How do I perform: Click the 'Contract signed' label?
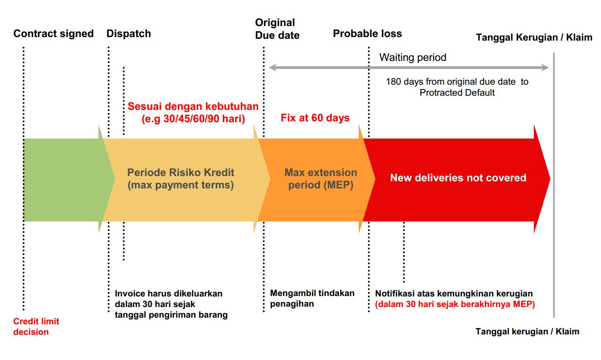pyautogui.click(x=53, y=34)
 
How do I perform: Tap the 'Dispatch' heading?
pyautogui.click(x=129, y=34)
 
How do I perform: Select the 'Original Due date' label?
pyautogui.click(x=277, y=29)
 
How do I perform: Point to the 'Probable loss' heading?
pyautogui.click(x=367, y=34)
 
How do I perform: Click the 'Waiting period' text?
pyautogui.click(x=413, y=57)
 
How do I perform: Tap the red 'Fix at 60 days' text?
pyautogui.click(x=315, y=118)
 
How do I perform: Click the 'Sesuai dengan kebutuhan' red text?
pyautogui.click(x=193, y=106)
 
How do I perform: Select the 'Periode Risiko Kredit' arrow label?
pyautogui.click(x=180, y=172)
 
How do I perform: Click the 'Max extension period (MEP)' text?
pyautogui.click(x=321, y=179)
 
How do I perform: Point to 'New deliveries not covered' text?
pyautogui.click(x=458, y=178)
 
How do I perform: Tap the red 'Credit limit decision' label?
pyautogui.click(x=36, y=326)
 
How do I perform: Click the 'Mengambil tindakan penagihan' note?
pyautogui.click(x=312, y=298)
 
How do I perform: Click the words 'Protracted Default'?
pyautogui.click(x=457, y=93)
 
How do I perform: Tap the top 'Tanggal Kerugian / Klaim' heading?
pyautogui.click(x=534, y=37)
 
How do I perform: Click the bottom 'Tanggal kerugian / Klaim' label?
pyautogui.click(x=527, y=332)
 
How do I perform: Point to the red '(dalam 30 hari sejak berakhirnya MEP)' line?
pyautogui.click(x=455, y=304)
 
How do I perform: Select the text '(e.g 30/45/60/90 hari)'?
pyautogui.click(x=193, y=119)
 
